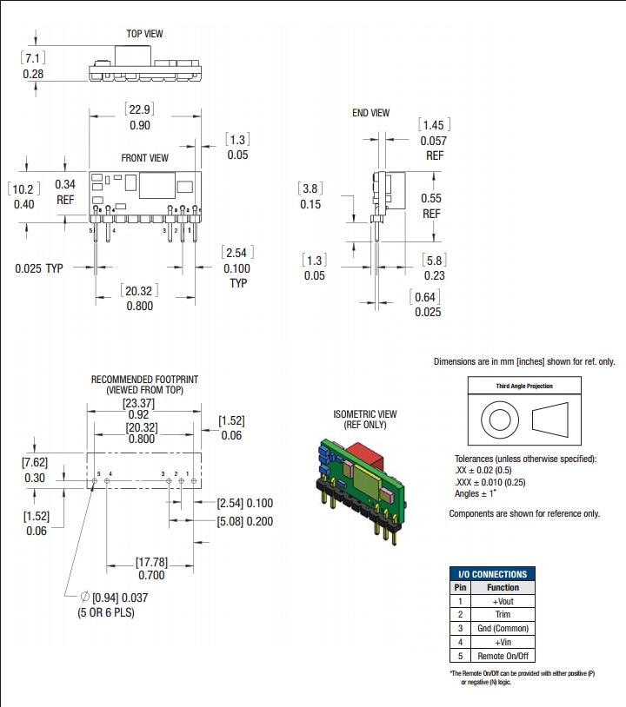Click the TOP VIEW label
coord(146,34)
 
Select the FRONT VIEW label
coord(145,158)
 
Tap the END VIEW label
coord(370,113)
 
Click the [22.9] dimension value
coord(139,109)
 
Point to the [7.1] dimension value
coord(33,57)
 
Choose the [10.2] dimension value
coord(24,188)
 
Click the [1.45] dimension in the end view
coord(433,126)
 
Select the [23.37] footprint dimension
coord(139,403)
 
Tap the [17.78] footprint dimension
coord(152,561)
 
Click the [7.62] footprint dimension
coord(36,463)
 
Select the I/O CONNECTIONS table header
coord(492,574)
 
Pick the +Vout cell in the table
coord(503,601)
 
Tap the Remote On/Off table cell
coord(503,656)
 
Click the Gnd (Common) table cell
coord(503,628)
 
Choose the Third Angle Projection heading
coord(524,387)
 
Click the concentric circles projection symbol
coord(498,420)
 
